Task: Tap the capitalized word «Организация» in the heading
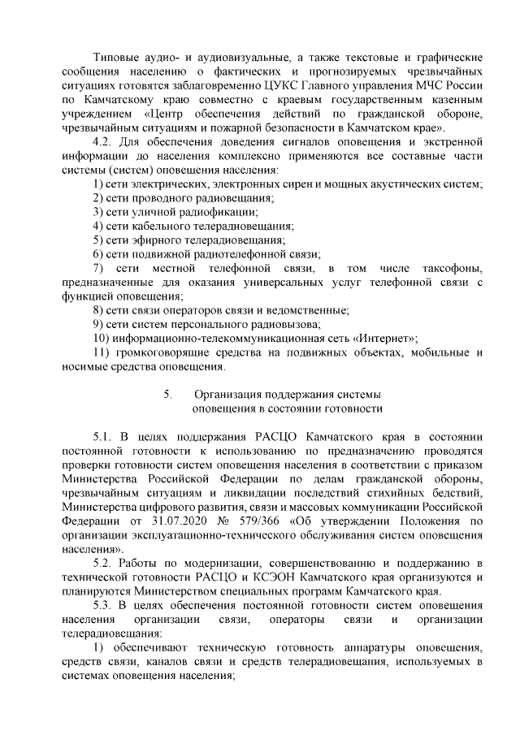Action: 234,394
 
